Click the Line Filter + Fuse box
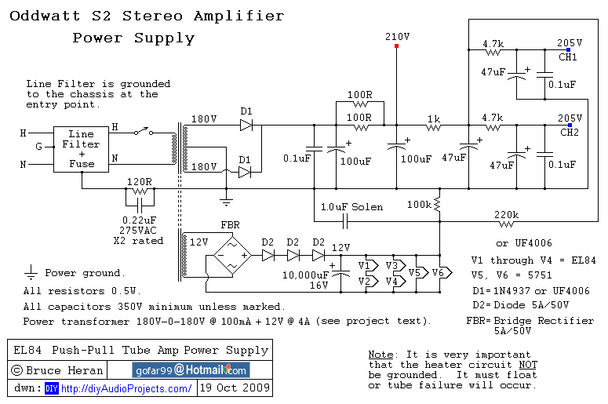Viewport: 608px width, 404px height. click(x=82, y=149)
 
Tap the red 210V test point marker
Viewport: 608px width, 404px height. click(x=396, y=46)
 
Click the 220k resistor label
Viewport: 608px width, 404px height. click(x=508, y=214)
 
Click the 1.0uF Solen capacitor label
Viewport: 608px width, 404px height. click(x=351, y=207)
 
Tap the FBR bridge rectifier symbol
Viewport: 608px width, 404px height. click(x=231, y=255)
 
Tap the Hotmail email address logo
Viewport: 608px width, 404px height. click(x=190, y=369)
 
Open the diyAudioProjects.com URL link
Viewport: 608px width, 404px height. click(x=126, y=388)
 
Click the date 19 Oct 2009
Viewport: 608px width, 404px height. click(x=235, y=388)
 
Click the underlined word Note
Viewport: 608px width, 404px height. click(x=380, y=355)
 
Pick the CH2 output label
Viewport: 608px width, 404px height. click(x=569, y=133)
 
